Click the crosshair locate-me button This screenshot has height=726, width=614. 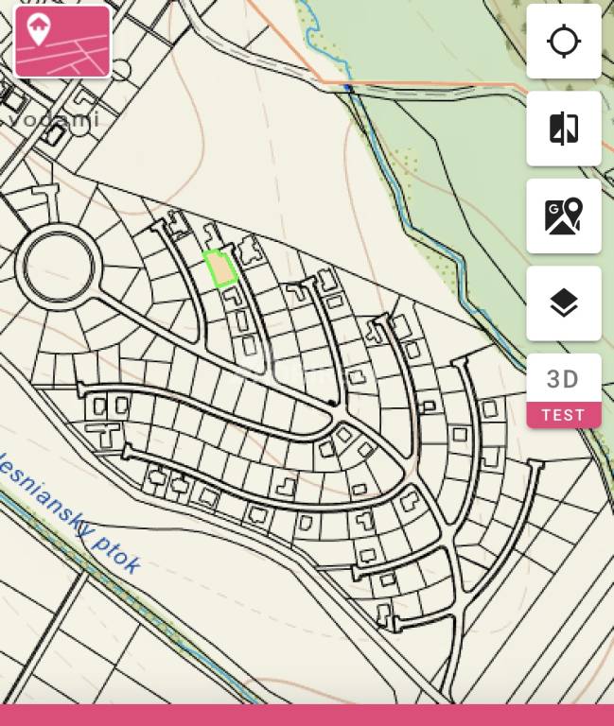(x=564, y=42)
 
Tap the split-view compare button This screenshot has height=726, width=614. (x=564, y=129)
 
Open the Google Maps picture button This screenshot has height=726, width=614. (x=564, y=216)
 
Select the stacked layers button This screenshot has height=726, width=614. (x=564, y=303)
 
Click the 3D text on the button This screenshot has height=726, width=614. (x=564, y=379)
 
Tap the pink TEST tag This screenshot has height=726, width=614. (x=564, y=415)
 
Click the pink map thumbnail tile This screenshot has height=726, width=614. (x=62, y=42)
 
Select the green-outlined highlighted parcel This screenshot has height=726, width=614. (x=220, y=269)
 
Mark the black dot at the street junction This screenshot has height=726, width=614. (x=330, y=404)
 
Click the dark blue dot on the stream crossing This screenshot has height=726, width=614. (x=348, y=88)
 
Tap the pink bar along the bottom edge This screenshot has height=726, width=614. (x=307, y=715)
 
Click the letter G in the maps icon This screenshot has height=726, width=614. (x=553, y=209)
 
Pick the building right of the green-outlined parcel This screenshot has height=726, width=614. (x=249, y=251)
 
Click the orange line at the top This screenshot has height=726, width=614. (x=426, y=85)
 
